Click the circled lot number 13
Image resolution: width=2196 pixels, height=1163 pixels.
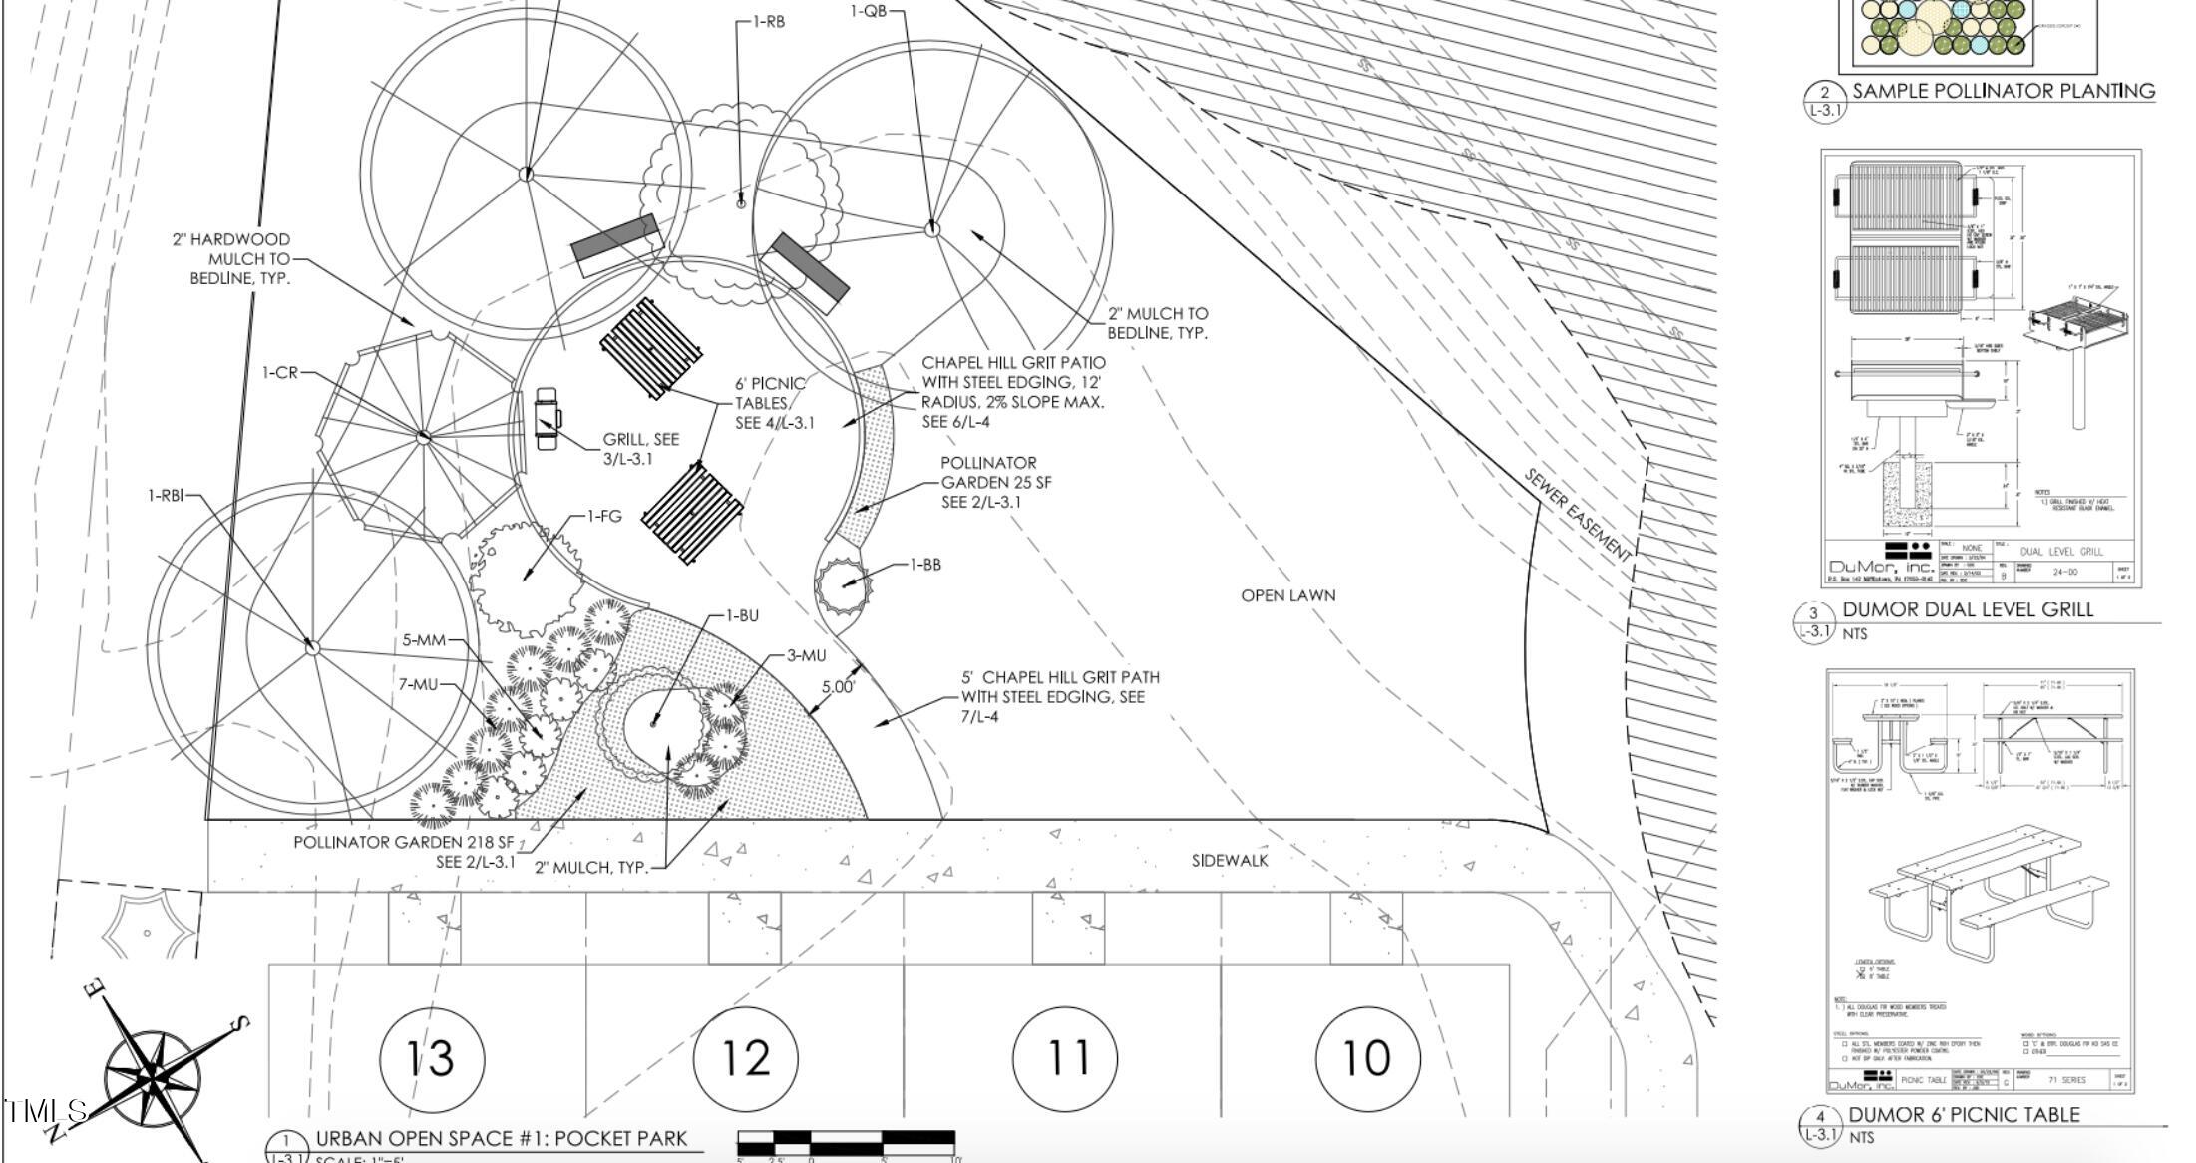click(432, 1057)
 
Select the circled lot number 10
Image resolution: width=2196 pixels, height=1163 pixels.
click(1366, 1057)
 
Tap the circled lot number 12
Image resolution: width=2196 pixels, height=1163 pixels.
click(745, 1057)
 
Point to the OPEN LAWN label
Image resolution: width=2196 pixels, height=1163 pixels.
click(1287, 595)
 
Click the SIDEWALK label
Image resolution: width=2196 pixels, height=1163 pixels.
click(1229, 860)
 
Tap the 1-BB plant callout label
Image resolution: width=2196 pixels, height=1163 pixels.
click(924, 565)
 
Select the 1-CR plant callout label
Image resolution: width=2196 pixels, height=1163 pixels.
click(279, 373)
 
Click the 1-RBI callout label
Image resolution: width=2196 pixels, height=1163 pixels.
click(166, 496)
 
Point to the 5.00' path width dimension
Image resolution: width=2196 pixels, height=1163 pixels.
click(838, 687)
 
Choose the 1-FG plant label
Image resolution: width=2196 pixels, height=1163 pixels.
click(603, 516)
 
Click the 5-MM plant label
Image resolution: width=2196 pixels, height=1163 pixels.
click(424, 640)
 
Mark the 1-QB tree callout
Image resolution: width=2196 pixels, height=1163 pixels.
click(868, 11)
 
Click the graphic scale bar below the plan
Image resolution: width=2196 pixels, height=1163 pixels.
click(846, 1142)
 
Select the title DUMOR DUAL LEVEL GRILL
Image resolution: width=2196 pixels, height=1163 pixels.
click(1967, 609)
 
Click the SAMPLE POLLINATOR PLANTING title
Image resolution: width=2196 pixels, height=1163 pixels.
click(2003, 91)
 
